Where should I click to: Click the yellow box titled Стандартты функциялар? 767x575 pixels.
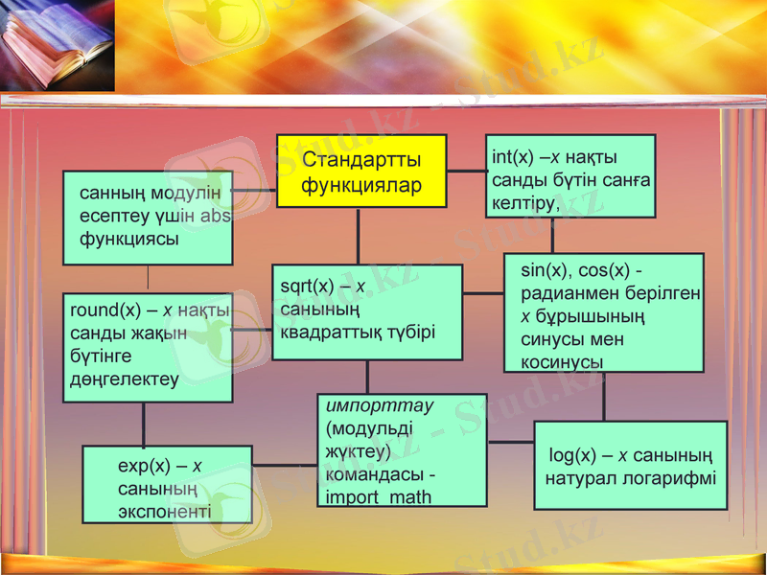coord(361,171)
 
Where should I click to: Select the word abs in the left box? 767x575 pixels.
coord(217,217)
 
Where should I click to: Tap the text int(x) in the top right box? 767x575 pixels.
coord(512,157)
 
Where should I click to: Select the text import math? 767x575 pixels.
coord(378,496)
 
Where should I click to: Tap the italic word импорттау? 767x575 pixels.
coord(380,405)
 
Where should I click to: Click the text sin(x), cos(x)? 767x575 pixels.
coord(581,270)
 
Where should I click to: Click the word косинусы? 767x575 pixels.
coord(562,361)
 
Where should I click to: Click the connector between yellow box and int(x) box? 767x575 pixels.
coord(466,171)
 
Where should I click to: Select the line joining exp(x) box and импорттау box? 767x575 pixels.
coord(285,466)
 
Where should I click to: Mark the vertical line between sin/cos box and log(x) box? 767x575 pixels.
coord(603,396)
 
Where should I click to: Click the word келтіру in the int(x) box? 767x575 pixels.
coord(523,203)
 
